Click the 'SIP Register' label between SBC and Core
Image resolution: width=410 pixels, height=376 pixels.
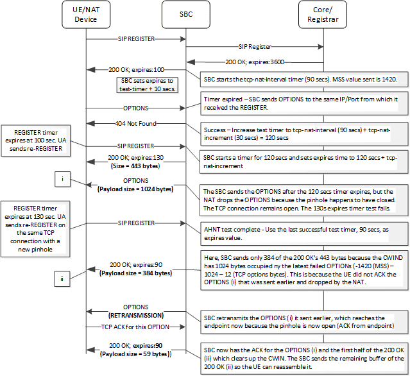(x=255, y=46)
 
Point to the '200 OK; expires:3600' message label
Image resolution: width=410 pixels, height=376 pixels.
(x=255, y=62)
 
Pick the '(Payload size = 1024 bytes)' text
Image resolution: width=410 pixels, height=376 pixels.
(x=135, y=189)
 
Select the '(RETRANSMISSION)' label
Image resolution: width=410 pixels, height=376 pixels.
(x=135, y=315)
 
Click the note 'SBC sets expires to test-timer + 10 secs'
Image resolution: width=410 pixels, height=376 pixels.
(x=149, y=85)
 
